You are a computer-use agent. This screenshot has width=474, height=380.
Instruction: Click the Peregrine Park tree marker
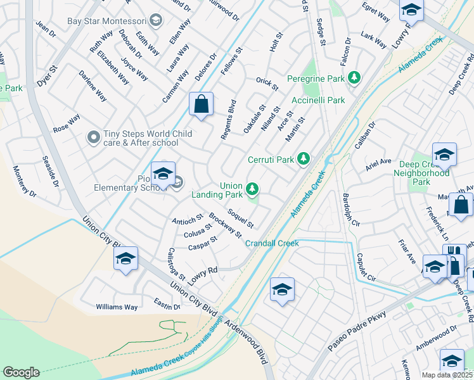(354, 78)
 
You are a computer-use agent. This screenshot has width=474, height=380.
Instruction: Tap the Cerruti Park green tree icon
(304, 158)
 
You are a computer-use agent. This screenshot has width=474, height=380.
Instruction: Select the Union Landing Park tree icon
(252, 189)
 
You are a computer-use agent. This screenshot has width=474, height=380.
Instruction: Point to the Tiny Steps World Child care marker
(94, 137)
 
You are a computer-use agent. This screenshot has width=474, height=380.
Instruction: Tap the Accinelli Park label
(318, 100)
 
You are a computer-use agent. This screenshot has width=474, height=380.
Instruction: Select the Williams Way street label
(117, 307)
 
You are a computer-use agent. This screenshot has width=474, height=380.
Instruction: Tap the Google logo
(21, 372)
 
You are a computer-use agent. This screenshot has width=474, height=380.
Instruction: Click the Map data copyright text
(446, 375)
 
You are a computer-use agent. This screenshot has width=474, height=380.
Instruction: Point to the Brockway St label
(226, 225)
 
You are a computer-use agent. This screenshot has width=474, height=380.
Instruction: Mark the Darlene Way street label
(93, 87)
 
